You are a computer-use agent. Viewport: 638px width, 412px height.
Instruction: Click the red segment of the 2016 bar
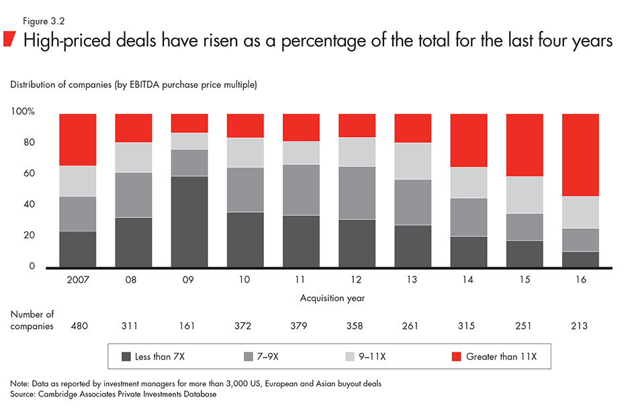point(580,155)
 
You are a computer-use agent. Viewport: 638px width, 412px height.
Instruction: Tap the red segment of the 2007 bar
point(78,140)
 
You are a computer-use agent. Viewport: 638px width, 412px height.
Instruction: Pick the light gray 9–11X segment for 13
point(412,161)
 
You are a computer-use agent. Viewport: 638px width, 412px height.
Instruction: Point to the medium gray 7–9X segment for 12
point(357,193)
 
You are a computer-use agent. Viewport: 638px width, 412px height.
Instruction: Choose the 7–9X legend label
point(267,357)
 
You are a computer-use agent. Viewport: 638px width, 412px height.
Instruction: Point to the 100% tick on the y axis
point(23,111)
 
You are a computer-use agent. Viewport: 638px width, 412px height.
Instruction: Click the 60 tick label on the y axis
point(29,174)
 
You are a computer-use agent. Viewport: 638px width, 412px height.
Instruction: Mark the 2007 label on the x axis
point(78,280)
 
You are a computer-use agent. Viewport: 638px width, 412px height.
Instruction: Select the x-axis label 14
point(468,280)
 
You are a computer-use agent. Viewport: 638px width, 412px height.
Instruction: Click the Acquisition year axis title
point(328,297)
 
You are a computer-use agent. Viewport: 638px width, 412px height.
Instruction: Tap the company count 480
point(78,325)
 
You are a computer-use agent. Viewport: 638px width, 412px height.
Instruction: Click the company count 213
point(580,325)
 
